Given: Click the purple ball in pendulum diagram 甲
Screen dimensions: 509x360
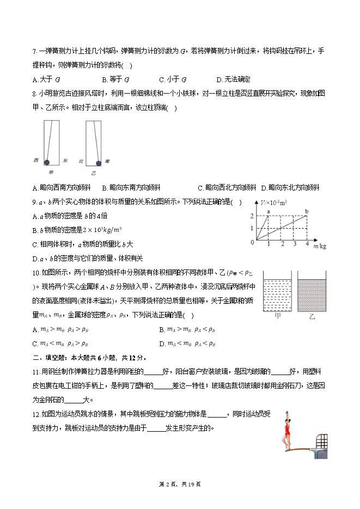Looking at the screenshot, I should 46,162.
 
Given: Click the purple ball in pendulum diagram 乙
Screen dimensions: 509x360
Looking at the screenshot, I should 99,162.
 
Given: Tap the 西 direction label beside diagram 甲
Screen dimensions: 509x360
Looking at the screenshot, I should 36,160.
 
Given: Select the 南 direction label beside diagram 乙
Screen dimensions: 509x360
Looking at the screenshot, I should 108,161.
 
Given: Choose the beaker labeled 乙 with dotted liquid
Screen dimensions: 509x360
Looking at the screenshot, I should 312,295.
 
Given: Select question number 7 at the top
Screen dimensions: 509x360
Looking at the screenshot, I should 35,52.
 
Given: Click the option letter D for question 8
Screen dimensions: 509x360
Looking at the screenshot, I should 264,188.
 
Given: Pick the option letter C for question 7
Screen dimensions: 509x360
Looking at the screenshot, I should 162,79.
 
